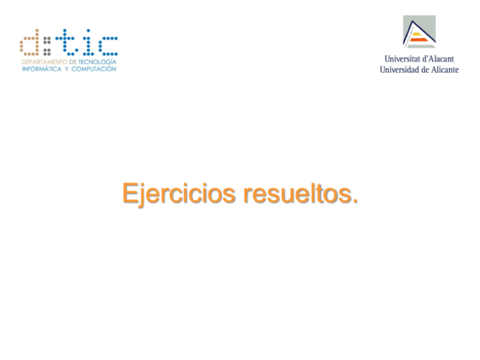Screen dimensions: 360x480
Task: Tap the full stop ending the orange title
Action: (x=355, y=200)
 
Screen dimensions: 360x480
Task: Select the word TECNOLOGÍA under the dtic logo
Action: (x=97, y=61)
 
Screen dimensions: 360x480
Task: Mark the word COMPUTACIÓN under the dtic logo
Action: (x=93, y=68)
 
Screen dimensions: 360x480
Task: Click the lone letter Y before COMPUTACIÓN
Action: (x=65, y=68)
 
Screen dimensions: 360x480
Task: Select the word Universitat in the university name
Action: (x=403, y=59)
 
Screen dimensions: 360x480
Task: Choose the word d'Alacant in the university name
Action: (x=439, y=59)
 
